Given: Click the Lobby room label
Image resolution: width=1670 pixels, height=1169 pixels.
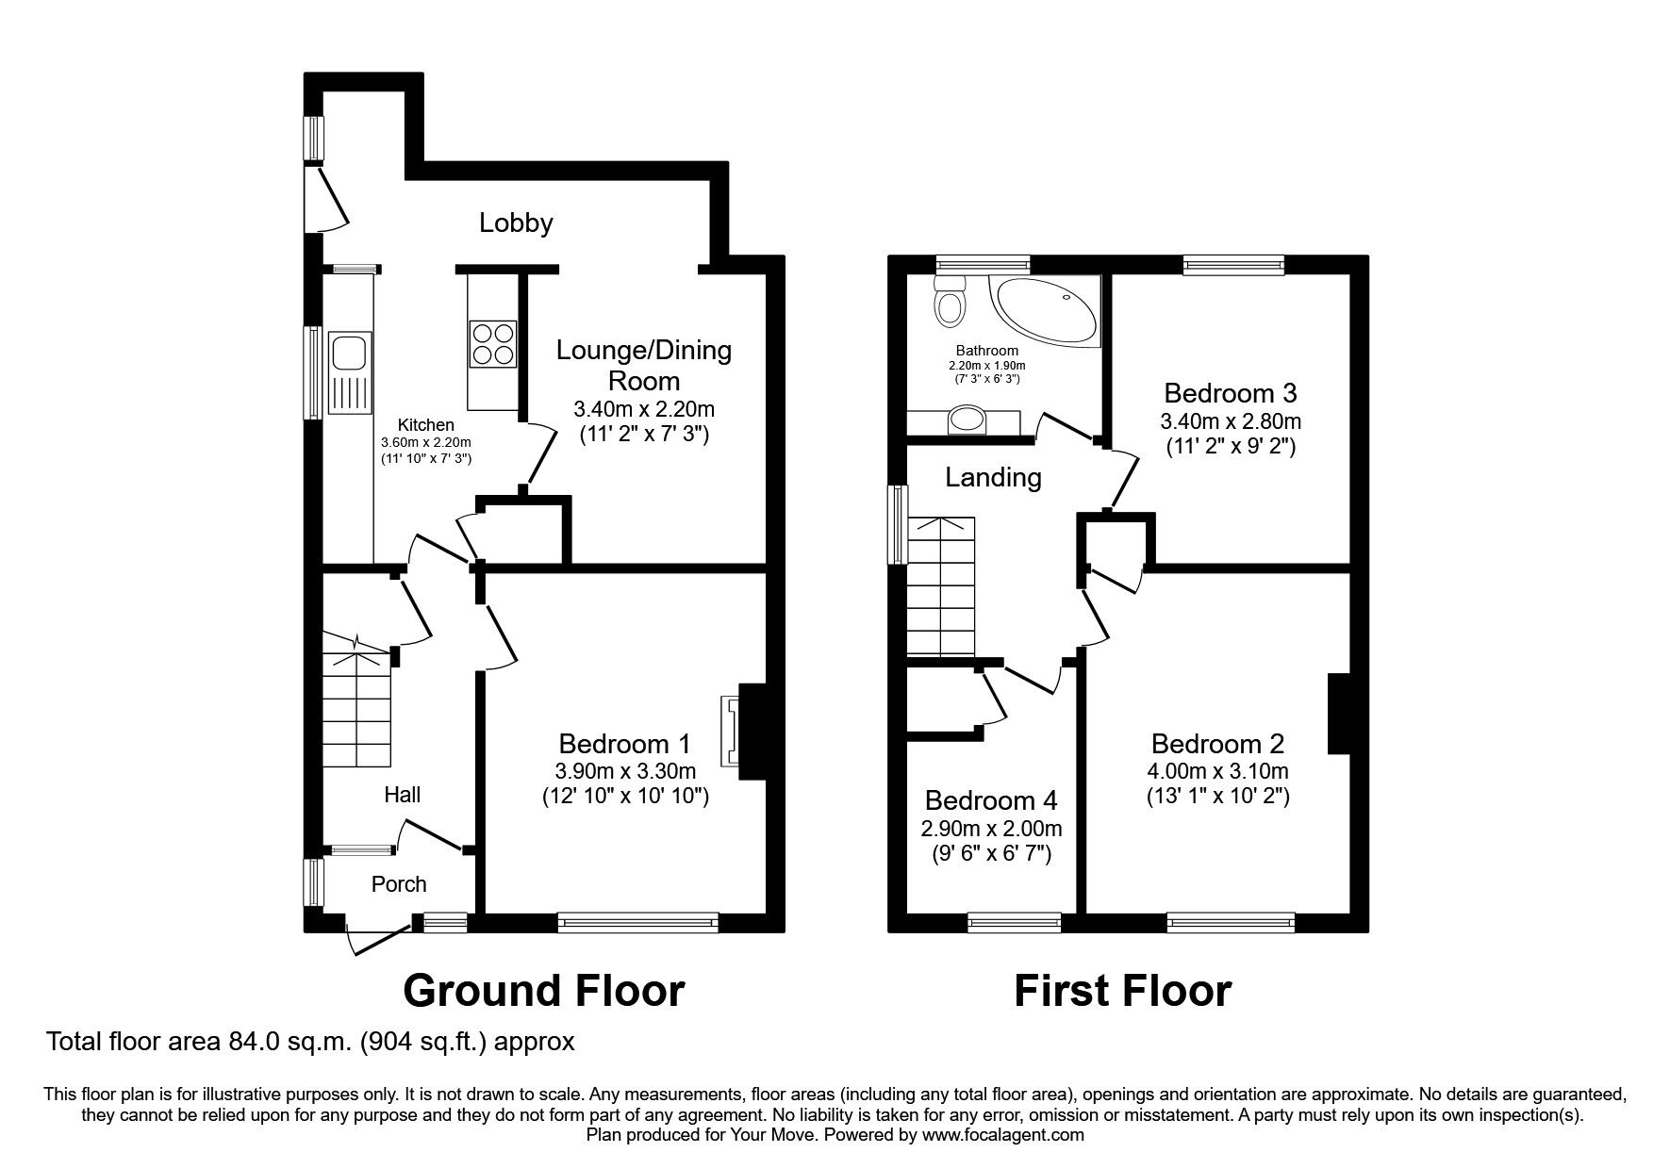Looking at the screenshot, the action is coord(516,223).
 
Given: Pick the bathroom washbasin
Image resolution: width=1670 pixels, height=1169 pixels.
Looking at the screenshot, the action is coord(967,419).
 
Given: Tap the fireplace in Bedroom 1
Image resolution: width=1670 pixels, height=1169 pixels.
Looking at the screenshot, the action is coord(731,731).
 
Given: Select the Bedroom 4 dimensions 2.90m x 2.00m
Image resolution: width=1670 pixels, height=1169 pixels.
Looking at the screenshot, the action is coord(991,829).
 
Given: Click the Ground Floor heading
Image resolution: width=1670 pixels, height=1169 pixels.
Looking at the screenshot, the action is coord(543,991).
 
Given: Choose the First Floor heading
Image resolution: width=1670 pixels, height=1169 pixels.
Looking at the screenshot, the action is coord(1122,991).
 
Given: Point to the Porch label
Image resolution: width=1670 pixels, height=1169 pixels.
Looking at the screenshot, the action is coord(399,884).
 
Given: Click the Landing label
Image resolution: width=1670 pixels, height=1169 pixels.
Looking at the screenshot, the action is coord(993,478).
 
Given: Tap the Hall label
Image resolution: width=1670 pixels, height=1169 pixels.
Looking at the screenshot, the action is coord(403,795).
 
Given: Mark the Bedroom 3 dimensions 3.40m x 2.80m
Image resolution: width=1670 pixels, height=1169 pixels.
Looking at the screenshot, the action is coord(1231,421).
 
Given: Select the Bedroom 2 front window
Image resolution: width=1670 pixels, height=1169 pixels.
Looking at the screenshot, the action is coord(1231,922).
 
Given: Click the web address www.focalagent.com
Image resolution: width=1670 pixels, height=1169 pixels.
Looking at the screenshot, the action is coord(1003,1135).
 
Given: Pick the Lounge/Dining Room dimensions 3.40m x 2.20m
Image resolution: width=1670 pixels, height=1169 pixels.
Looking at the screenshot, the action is coord(644,409).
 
